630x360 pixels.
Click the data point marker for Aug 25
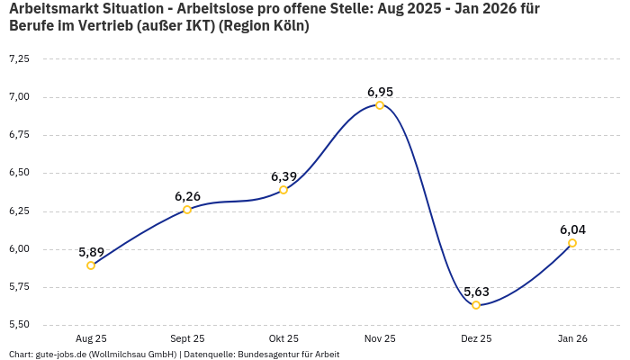pyautogui.click(x=91, y=265)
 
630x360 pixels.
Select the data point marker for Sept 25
pyautogui.click(x=187, y=210)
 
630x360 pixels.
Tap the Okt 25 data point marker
pyautogui.click(x=283, y=190)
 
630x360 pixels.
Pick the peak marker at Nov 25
pyautogui.click(x=380, y=105)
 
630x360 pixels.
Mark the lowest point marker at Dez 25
pyautogui.click(x=476, y=305)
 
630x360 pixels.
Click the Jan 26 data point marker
pyautogui.click(x=572, y=243)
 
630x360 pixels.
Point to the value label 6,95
pyautogui.click(x=380, y=92)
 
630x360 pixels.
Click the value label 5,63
pyautogui.click(x=476, y=292)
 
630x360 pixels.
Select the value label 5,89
pyautogui.click(x=91, y=252)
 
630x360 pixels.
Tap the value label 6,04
pyautogui.click(x=572, y=229)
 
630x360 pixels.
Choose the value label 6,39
pyautogui.click(x=283, y=176)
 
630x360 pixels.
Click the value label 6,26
pyautogui.click(x=187, y=196)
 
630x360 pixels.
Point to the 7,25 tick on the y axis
pyautogui.click(x=19, y=58)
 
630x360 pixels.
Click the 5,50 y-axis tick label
pyautogui.click(x=19, y=324)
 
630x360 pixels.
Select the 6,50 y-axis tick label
pyautogui.click(x=19, y=173)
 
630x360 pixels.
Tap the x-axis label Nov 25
pyautogui.click(x=380, y=338)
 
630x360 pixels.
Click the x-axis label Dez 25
pyautogui.click(x=476, y=338)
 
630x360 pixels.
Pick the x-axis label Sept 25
pyautogui.click(x=187, y=338)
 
